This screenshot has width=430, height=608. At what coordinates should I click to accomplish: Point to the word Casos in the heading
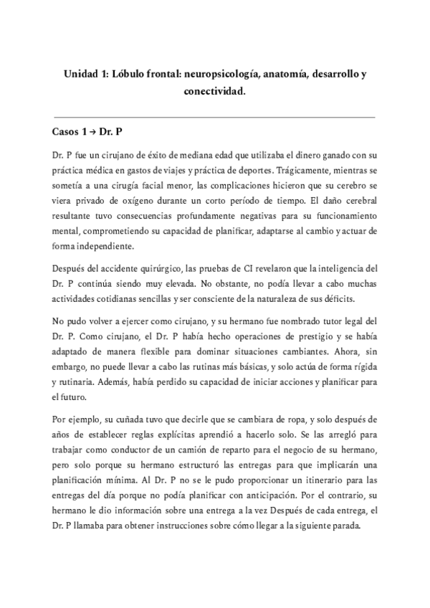tap(67, 133)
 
